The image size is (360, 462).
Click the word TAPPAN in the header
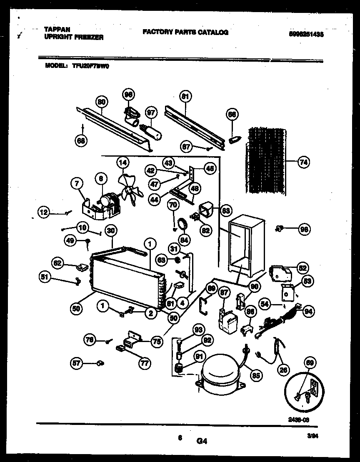(57, 30)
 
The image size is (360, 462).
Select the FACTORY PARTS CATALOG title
(185, 32)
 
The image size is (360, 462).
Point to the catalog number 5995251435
(306, 35)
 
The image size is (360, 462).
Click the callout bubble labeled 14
(122, 162)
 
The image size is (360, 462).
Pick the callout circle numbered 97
(150, 112)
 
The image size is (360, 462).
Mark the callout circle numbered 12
(44, 212)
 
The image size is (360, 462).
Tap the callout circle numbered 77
(144, 363)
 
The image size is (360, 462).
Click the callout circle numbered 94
(309, 310)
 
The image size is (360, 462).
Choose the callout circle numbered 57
(76, 363)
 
